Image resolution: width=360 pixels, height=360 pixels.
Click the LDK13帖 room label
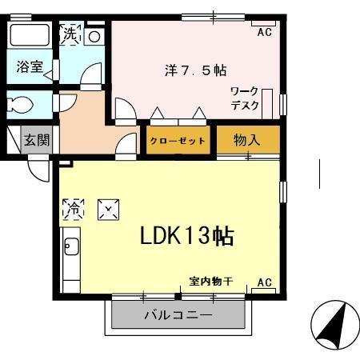(186, 236)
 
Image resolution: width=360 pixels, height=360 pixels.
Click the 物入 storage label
(247, 140)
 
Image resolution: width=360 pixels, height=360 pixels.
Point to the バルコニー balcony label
(178, 314)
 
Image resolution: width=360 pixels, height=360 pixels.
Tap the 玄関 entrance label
(36, 140)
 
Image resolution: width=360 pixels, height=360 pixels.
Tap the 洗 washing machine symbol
(71, 34)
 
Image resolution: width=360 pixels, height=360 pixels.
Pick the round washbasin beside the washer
(94, 36)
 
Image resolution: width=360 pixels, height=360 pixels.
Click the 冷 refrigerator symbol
(73, 210)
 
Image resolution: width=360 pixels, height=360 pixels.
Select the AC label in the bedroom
(263, 32)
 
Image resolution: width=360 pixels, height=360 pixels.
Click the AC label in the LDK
(263, 283)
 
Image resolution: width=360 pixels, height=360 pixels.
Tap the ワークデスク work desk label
(244, 98)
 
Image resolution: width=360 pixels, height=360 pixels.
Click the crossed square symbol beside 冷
(108, 210)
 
